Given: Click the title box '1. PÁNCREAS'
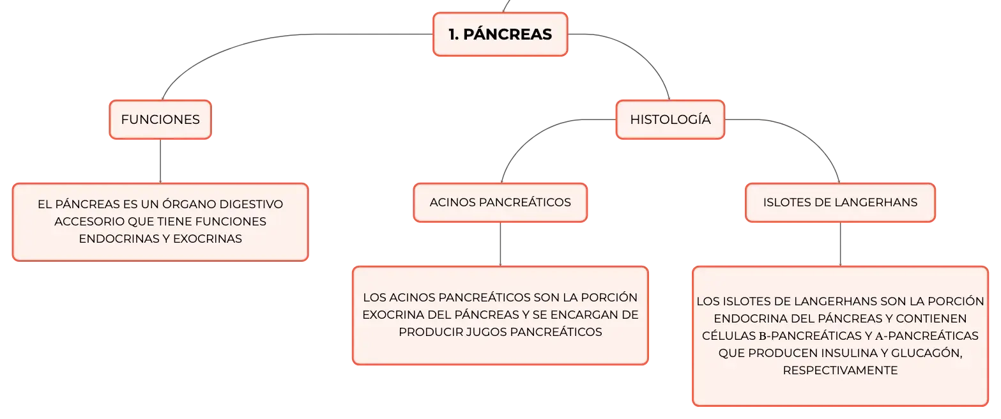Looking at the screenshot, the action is point(500,34).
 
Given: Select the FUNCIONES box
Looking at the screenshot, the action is point(160,119).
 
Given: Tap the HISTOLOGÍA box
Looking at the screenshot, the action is point(670,119).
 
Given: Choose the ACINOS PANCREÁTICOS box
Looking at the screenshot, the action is point(500,202).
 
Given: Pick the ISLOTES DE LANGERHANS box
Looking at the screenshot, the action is point(840,202).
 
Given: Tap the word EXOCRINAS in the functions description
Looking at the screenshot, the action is point(208,239).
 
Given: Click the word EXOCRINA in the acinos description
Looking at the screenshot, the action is point(394,315).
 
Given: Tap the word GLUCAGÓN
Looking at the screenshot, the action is point(926,353).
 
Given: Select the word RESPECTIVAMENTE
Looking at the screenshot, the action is point(840,370).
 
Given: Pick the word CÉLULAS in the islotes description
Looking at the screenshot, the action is point(729,336).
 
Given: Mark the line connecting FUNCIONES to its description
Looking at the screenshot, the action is point(160,161).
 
